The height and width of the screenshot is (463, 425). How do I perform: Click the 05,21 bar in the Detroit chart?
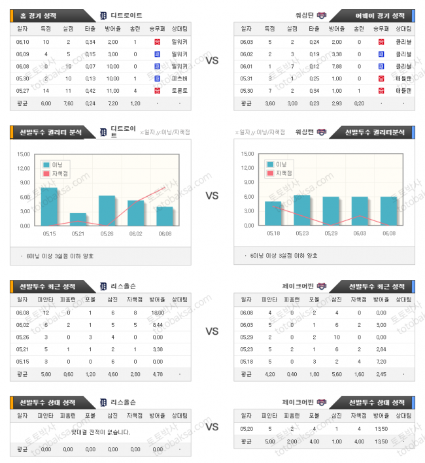tap(78, 219)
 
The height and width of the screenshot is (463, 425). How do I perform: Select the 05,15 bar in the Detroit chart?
tap(50, 207)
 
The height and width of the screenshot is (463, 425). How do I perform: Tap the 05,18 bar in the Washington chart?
tap(273, 213)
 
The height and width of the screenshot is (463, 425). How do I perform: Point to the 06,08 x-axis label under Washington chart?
tap(388, 233)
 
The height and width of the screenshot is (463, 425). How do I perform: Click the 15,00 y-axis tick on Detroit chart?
tap(24, 154)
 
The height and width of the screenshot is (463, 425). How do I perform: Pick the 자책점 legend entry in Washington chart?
tap(280, 173)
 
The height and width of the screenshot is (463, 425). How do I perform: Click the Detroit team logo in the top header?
tap(103, 15)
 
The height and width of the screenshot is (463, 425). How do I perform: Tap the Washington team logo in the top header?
tap(321, 15)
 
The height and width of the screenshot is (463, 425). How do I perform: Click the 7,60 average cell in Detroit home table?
tap(68, 103)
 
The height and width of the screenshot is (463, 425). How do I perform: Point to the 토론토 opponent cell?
tap(179, 91)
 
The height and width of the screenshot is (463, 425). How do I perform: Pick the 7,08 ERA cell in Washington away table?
tap(337, 66)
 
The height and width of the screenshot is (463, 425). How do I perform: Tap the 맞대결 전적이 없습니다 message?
tap(100, 432)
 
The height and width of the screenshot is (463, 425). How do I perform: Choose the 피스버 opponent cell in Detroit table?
tap(179, 78)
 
